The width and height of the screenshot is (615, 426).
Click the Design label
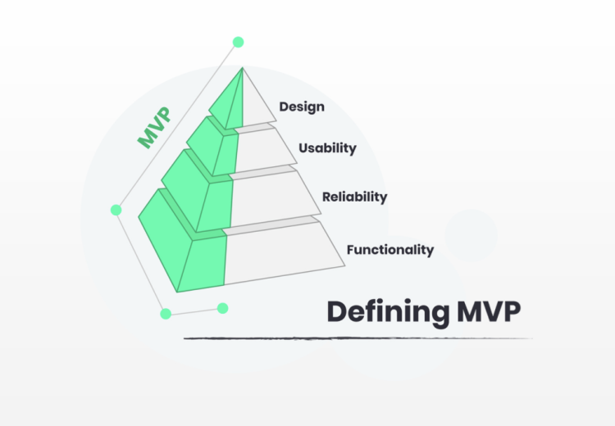pyautogui.click(x=302, y=106)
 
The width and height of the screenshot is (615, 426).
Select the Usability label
pyautogui.click(x=327, y=148)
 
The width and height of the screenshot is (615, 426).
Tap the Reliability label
pyautogui.click(x=354, y=197)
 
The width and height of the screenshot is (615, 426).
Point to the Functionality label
pyautogui.click(x=389, y=249)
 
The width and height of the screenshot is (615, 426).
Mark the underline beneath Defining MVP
pyautogui.click(x=357, y=338)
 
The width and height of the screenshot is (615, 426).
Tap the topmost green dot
pyautogui.click(x=238, y=42)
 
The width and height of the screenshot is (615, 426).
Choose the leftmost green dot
pyautogui.click(x=116, y=210)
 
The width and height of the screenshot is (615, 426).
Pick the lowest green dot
pyautogui.click(x=166, y=313)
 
